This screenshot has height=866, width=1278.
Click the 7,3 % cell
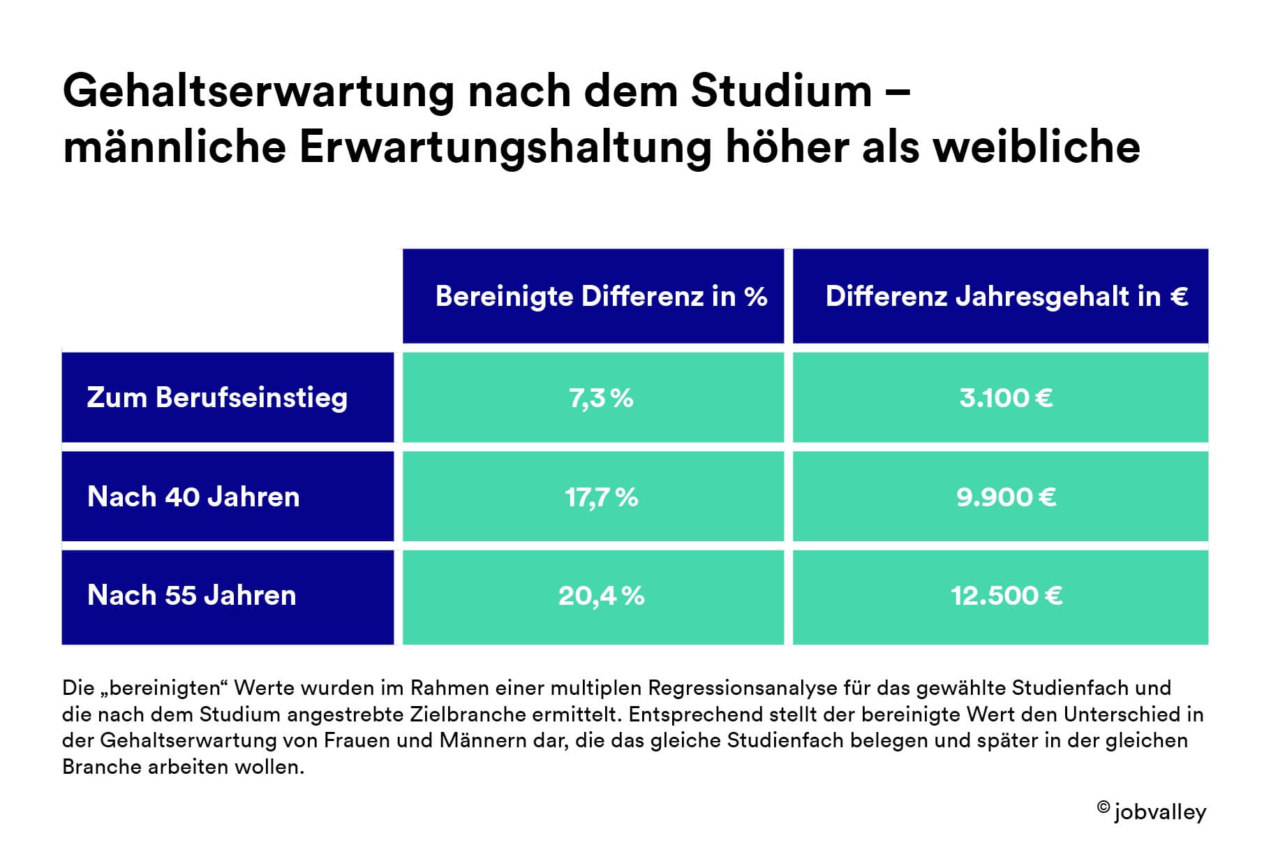pyautogui.click(x=601, y=398)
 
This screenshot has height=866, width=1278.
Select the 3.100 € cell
pyautogui.click(x=1006, y=398)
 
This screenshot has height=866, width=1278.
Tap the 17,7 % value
pyautogui.click(x=601, y=497)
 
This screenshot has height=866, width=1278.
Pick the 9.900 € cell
pyautogui.click(x=1006, y=497)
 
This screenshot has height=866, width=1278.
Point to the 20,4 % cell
pyautogui.click(x=601, y=596)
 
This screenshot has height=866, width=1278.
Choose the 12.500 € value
pyautogui.click(x=1006, y=596)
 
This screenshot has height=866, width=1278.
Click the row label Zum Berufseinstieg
pyautogui.click(x=217, y=398)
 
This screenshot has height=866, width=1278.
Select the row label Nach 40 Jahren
pyautogui.click(x=193, y=497)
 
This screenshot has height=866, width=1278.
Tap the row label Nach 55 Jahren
pyautogui.click(x=192, y=596)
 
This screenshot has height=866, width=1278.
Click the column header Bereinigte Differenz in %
pyautogui.click(x=601, y=297)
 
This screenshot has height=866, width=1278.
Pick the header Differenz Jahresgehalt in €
pyautogui.click(x=1006, y=297)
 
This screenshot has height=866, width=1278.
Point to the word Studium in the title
pyautogui.click(x=782, y=91)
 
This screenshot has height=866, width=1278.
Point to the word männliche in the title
pyautogui.click(x=174, y=147)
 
